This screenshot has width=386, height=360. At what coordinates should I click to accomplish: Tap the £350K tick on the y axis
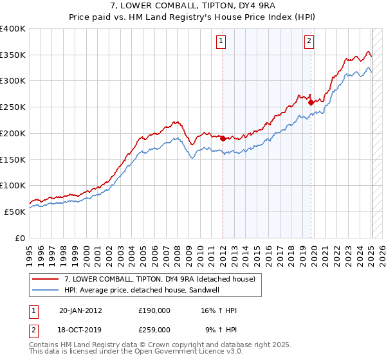(x=14, y=55)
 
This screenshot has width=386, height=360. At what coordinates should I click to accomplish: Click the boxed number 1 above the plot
(x=221, y=42)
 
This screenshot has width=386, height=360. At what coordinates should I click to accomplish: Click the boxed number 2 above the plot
(x=309, y=42)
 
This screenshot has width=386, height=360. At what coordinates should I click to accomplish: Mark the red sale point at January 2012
(x=223, y=138)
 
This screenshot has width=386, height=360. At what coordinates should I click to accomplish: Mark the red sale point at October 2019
(x=311, y=102)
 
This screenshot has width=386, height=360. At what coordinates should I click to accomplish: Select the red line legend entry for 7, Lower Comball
(x=160, y=279)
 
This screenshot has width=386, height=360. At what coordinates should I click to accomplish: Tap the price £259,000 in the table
(x=154, y=329)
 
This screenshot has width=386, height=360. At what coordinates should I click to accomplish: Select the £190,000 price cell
(x=154, y=310)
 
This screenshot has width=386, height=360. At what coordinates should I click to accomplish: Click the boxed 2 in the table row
(x=33, y=329)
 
